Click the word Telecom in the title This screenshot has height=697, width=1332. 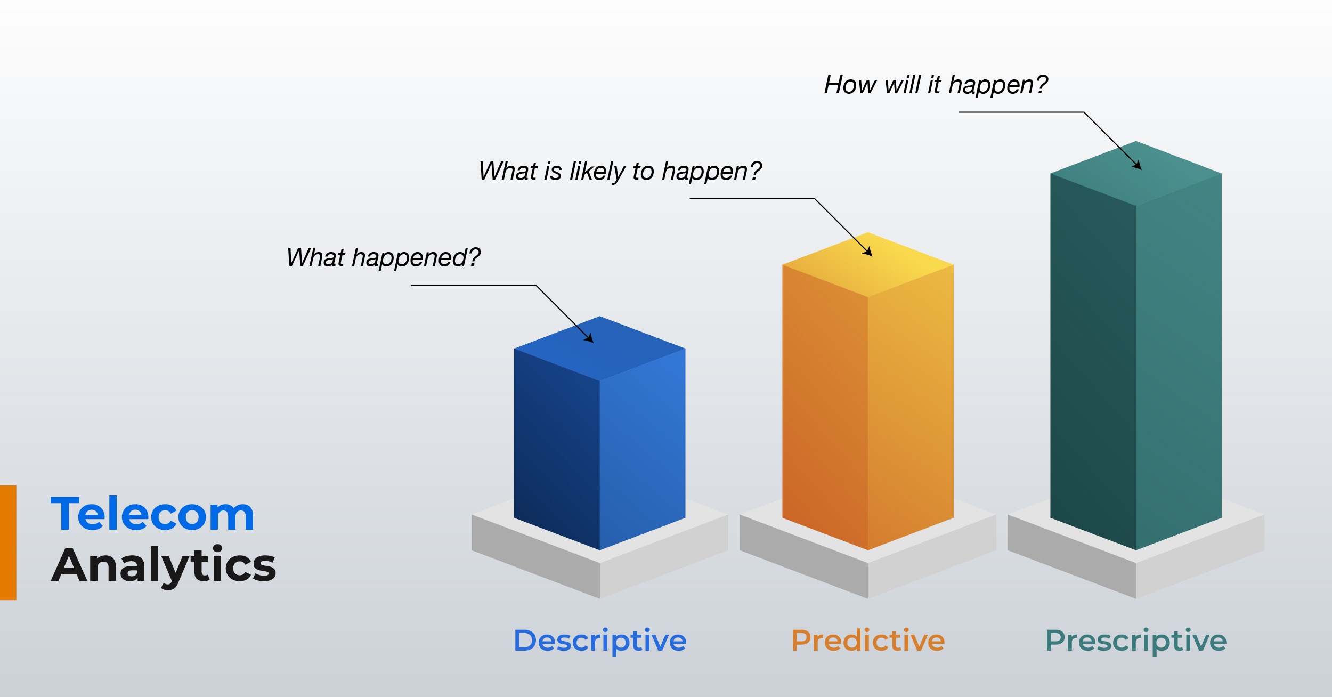coord(152,514)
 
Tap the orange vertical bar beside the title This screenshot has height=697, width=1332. coord(8,542)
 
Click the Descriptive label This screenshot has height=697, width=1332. coord(600,641)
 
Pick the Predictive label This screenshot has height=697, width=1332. coord(868,640)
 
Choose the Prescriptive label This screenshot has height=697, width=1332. coord(1136,641)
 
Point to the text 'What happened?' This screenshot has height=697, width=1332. coord(383,258)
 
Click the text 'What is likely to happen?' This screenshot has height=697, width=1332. coord(620,172)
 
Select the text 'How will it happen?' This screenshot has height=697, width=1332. coord(936,85)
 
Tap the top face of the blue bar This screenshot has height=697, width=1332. coord(600,348)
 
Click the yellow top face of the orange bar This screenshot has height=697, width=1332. coord(868,265)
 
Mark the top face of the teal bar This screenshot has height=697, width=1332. coord(1136,174)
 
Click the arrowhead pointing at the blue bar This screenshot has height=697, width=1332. coord(589,338)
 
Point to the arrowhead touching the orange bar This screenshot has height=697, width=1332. coord(868,252)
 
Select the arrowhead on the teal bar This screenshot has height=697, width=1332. coord(1137,165)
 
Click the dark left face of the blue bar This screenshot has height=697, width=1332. coord(557,449)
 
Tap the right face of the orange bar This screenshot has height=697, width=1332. coord(911,407)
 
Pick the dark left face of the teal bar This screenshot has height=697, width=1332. coord(1093,361)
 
